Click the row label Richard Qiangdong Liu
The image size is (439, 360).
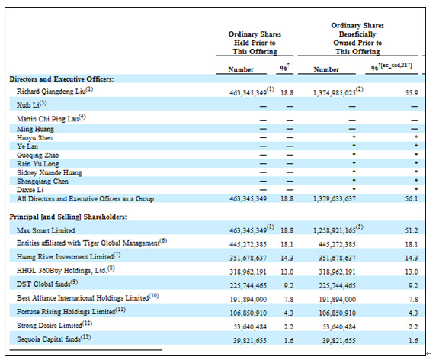[x=51, y=92]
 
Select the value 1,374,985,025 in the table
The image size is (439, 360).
[x=335, y=93]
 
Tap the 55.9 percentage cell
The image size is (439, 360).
[x=412, y=93]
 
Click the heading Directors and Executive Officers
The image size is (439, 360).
[x=62, y=79]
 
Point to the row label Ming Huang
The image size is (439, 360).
[x=35, y=129]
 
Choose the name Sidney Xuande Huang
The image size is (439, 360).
[x=50, y=172]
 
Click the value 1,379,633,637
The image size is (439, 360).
[x=335, y=198]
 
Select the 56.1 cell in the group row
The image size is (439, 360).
[x=412, y=198]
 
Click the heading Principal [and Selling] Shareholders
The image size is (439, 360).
[x=68, y=217]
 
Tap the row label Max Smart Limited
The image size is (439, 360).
[x=46, y=230]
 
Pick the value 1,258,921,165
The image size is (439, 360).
[x=335, y=230]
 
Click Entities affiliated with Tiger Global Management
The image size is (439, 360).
[x=88, y=243]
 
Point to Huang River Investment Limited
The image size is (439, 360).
[x=65, y=256]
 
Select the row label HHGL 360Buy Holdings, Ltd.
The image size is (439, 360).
[x=62, y=270]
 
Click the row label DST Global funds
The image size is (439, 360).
[x=43, y=284]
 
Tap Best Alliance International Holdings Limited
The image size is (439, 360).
[x=82, y=297]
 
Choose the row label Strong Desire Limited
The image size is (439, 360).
[x=50, y=326]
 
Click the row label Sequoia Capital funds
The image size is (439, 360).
[x=49, y=339]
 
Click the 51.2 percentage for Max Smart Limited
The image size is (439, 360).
[x=412, y=230]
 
